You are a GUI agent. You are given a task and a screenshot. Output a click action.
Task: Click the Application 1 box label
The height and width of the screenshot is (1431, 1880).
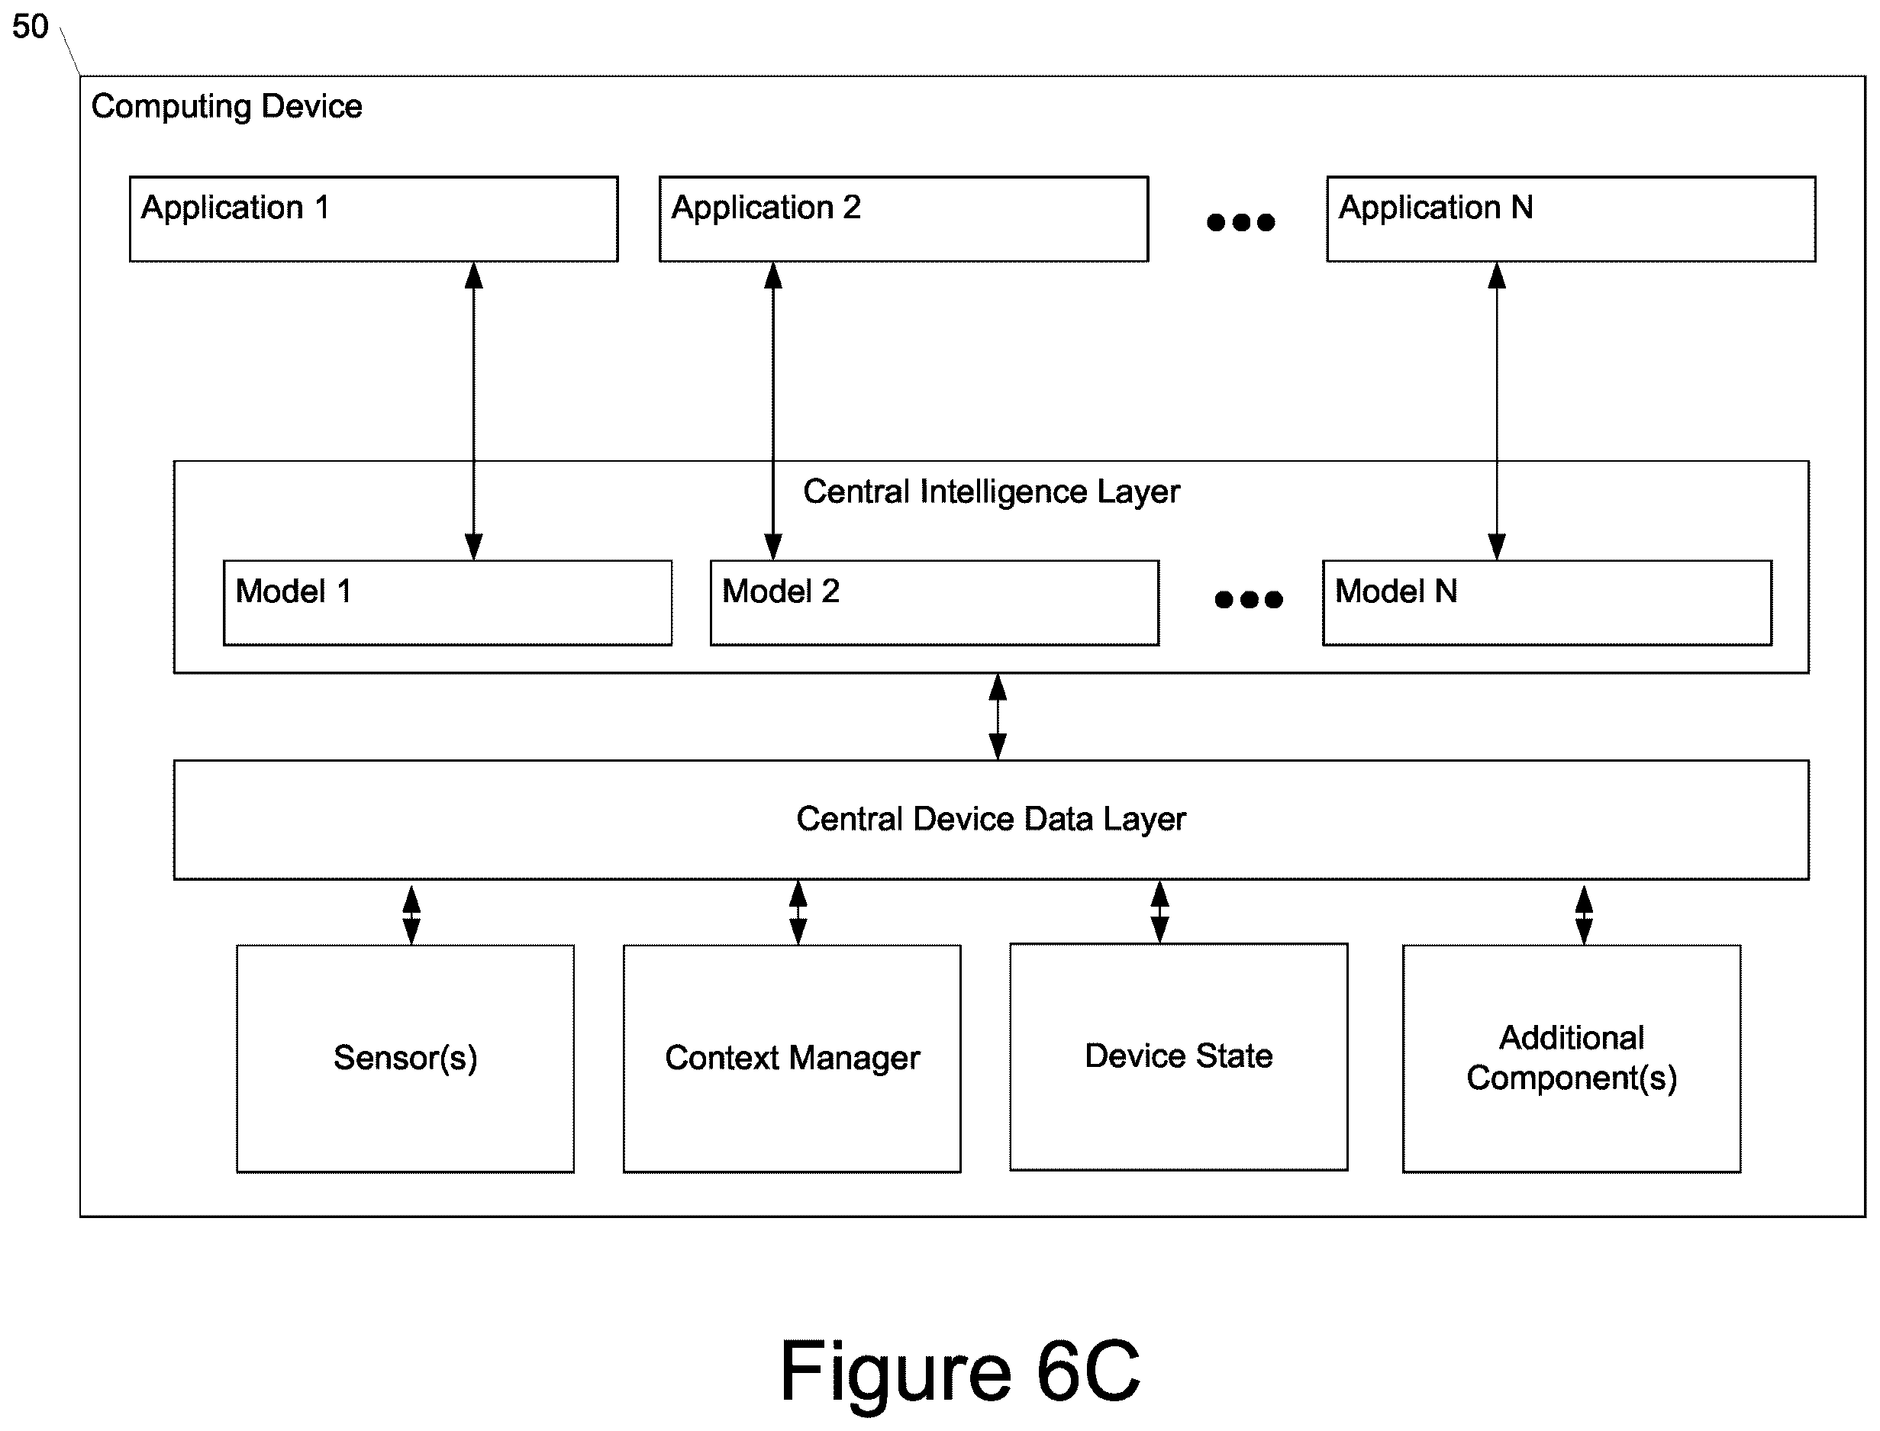coord(235,207)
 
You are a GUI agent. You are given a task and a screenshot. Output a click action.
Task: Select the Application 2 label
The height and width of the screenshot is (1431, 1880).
coord(766,207)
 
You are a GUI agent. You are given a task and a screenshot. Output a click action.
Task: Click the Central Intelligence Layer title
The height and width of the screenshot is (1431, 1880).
coord(991,492)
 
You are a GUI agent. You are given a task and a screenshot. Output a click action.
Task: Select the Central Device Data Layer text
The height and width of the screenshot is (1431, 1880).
coord(991,819)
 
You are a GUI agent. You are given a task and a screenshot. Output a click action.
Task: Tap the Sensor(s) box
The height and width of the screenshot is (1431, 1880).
coord(405,1058)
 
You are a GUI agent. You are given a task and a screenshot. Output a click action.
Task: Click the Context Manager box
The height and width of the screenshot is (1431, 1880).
coord(792,1058)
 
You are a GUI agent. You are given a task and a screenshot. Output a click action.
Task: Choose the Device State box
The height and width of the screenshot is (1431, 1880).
coord(1179,1056)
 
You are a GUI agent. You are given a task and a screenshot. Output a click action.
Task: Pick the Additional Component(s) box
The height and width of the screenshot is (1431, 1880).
coord(1572,1058)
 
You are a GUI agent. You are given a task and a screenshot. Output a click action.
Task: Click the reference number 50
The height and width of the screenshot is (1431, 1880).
coord(30,27)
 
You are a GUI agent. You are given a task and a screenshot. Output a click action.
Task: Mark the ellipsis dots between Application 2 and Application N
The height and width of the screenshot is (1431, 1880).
coord(1241,222)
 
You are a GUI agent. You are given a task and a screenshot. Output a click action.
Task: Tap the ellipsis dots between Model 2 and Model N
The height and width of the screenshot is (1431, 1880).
coord(1249,600)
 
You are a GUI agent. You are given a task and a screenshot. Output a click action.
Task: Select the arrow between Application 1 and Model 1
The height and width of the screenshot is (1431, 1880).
coord(473,411)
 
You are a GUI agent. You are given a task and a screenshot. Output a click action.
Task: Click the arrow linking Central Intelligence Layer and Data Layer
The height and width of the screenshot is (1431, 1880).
coord(998,717)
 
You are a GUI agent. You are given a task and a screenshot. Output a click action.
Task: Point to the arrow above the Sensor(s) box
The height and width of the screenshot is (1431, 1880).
coord(411,915)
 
